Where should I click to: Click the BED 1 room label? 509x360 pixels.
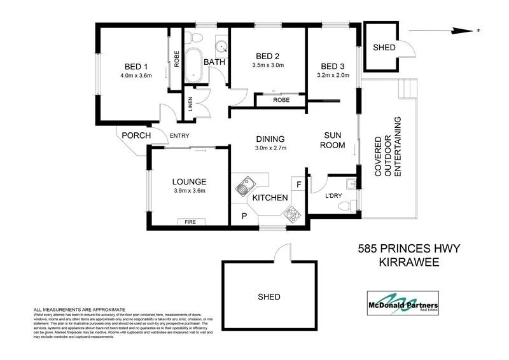(136, 67)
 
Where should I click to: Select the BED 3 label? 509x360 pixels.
(333, 67)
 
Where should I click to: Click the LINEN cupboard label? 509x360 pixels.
(190, 104)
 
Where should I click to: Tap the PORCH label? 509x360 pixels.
(136, 135)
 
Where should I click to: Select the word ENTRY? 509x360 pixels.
(179, 135)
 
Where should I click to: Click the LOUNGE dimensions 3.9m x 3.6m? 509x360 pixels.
(188, 191)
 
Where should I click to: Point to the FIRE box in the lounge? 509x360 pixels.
(191, 222)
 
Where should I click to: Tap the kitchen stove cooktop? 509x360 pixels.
(294, 214)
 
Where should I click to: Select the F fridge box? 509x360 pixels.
(298, 184)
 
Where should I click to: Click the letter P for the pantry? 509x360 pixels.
(244, 216)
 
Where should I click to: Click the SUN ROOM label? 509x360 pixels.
(334, 141)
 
